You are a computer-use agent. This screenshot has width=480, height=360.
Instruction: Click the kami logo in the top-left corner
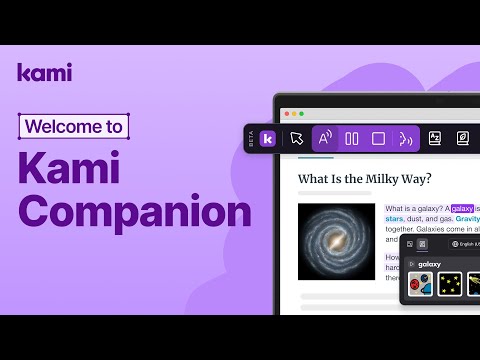44,73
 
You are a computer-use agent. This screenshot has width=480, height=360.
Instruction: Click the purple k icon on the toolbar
268,139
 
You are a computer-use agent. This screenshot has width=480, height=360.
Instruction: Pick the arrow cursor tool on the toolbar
296,139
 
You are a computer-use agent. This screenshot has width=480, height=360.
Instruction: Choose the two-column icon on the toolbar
352,139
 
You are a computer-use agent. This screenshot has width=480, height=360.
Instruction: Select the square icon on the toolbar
379,139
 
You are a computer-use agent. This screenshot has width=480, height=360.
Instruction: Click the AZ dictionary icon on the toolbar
435,139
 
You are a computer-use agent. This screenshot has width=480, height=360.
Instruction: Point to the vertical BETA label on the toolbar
252,139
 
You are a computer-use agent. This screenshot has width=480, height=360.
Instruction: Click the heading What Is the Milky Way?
364,179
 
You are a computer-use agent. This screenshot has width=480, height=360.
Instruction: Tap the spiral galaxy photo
336,243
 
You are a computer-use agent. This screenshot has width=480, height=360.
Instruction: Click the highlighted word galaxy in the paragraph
462,209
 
